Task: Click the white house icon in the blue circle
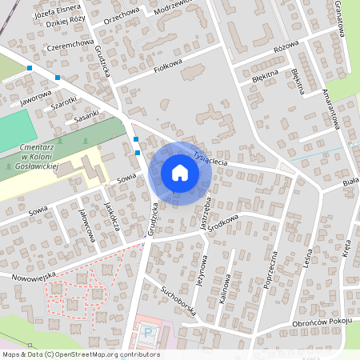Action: [179, 173]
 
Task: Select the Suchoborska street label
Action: [178, 300]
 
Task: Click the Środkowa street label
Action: [226, 218]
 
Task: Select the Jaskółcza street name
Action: [111, 215]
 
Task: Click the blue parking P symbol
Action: [146, 330]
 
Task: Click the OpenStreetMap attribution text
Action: [80, 354]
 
